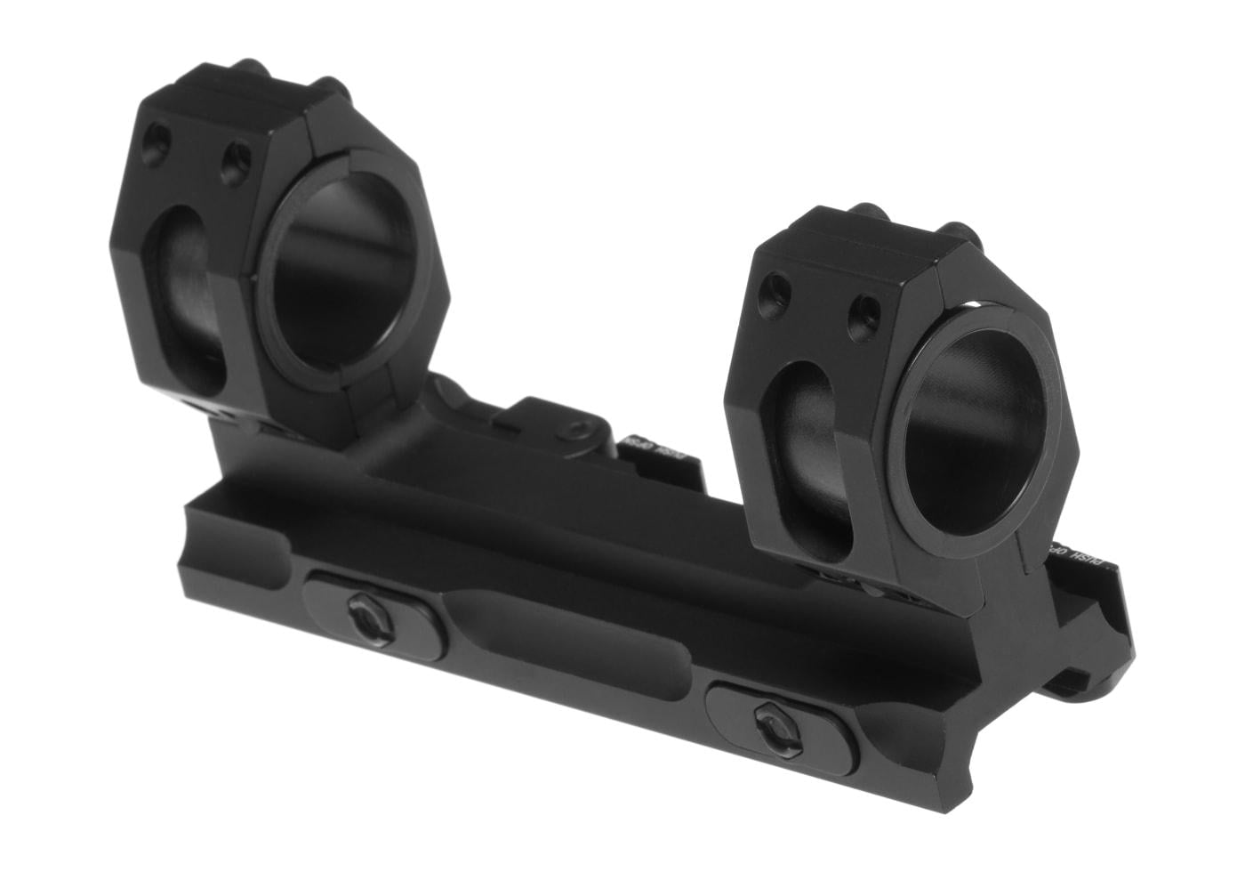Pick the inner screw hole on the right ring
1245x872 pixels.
point(863,311)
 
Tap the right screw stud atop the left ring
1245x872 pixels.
point(333,87)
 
